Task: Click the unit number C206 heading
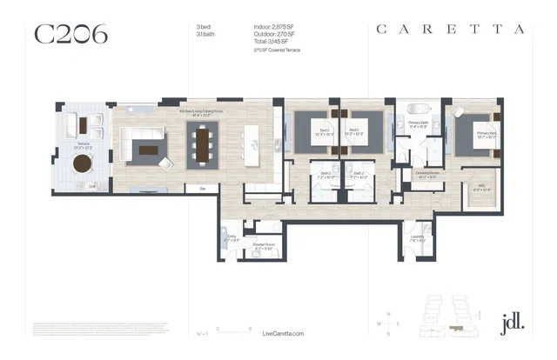70,34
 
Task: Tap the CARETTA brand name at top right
450,29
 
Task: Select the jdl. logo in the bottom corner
513,323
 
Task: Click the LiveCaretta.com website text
283,333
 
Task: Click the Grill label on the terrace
91,185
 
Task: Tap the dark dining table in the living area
205,145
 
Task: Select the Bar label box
203,188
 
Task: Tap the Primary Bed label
485,135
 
